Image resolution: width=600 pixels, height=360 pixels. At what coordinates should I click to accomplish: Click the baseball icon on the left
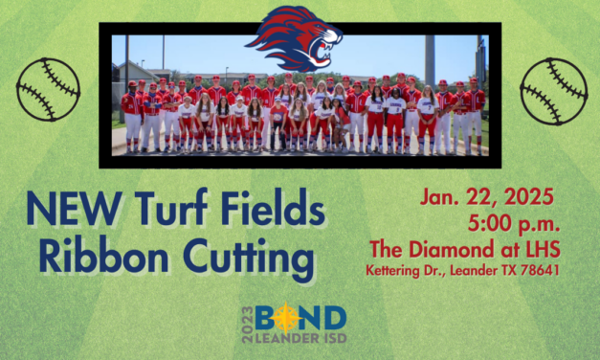coord(48,89)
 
